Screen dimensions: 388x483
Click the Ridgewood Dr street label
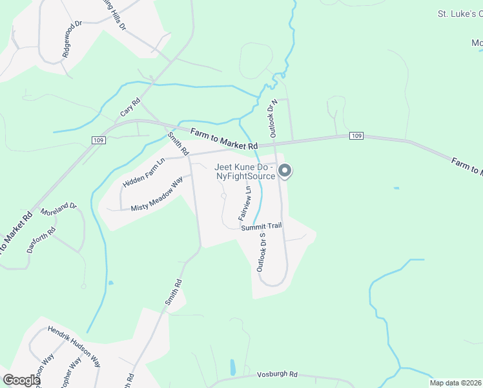(73, 41)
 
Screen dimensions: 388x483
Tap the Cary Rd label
(130, 107)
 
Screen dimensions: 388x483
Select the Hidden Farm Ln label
(145, 173)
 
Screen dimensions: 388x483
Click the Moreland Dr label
(59, 210)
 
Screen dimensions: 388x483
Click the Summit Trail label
(262, 227)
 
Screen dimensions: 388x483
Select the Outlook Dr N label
(273, 118)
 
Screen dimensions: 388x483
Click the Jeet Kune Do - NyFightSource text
(245, 171)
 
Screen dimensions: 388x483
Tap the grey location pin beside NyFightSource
(285, 171)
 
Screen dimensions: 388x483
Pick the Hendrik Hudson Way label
(74, 346)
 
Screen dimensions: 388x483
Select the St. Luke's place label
(460, 13)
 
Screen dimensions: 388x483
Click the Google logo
(21, 380)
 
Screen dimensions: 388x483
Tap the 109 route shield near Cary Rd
(98, 140)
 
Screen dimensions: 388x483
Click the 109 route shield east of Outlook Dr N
(356, 136)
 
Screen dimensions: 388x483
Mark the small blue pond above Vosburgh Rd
(232, 367)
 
